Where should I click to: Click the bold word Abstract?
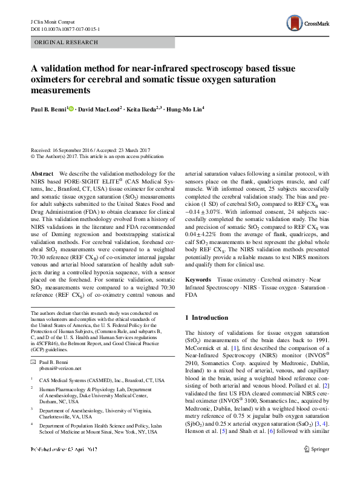point(42,173)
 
